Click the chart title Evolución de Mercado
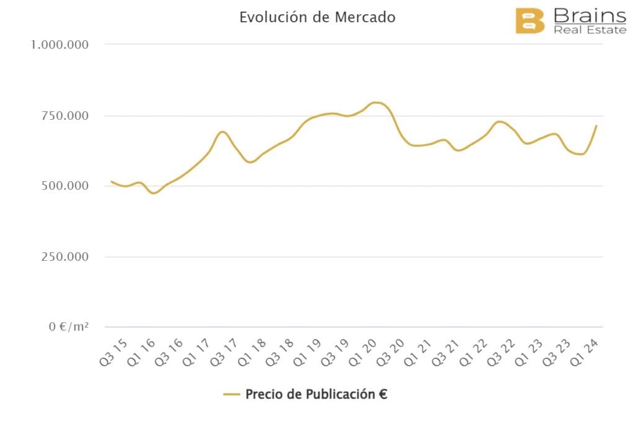coord(317,17)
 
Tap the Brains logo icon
coord(530,22)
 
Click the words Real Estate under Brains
coord(590,30)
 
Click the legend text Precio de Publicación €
coord(316,394)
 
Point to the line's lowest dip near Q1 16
coord(154,193)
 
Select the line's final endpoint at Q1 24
coord(596,126)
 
